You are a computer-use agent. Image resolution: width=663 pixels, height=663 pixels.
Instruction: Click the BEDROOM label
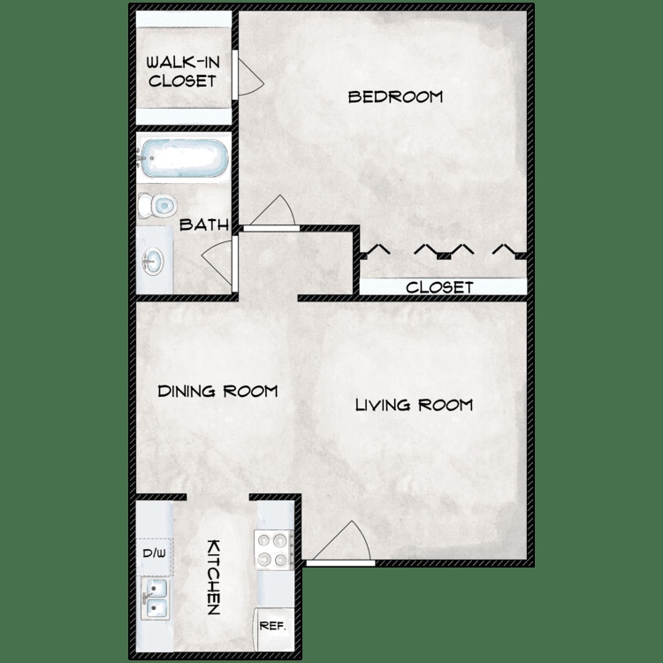[x=395, y=96]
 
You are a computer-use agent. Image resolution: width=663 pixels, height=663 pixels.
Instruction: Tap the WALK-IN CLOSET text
[x=181, y=72]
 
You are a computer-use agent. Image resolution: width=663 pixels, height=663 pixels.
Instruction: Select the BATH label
[x=204, y=225]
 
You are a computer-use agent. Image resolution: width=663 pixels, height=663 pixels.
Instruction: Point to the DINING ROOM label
[x=218, y=391]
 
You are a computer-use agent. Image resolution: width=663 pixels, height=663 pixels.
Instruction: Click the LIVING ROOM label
[x=414, y=405]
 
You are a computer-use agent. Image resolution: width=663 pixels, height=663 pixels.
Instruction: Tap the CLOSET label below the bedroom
[x=439, y=287]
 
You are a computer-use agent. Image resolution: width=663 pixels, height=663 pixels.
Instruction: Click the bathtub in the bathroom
[x=183, y=160]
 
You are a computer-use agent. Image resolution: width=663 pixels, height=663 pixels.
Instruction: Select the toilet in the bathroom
[x=158, y=206]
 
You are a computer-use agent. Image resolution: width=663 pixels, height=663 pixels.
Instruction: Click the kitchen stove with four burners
[x=273, y=548]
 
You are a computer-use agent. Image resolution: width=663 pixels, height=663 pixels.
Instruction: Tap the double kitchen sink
[x=156, y=598]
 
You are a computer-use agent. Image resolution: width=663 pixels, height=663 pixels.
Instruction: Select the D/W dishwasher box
[x=154, y=554]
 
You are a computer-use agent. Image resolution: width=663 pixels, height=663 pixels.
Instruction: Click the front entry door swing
[x=345, y=541]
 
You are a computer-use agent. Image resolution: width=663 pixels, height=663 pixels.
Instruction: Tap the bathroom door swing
[x=218, y=260]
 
